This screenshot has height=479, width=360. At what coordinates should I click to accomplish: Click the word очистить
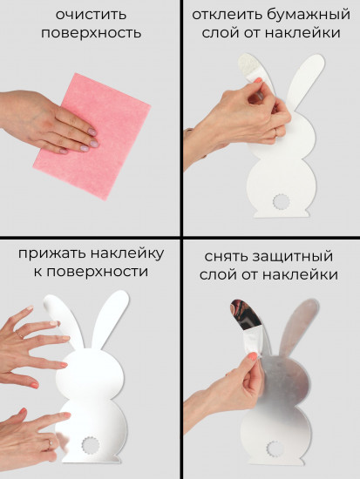pyautogui.click(x=90, y=15)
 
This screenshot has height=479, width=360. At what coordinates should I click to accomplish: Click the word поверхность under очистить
pyautogui.click(x=90, y=33)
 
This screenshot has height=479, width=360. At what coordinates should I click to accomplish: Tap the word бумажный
pyautogui.click(x=309, y=15)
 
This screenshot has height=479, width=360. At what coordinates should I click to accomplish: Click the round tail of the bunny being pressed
pyautogui.click(x=91, y=444)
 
